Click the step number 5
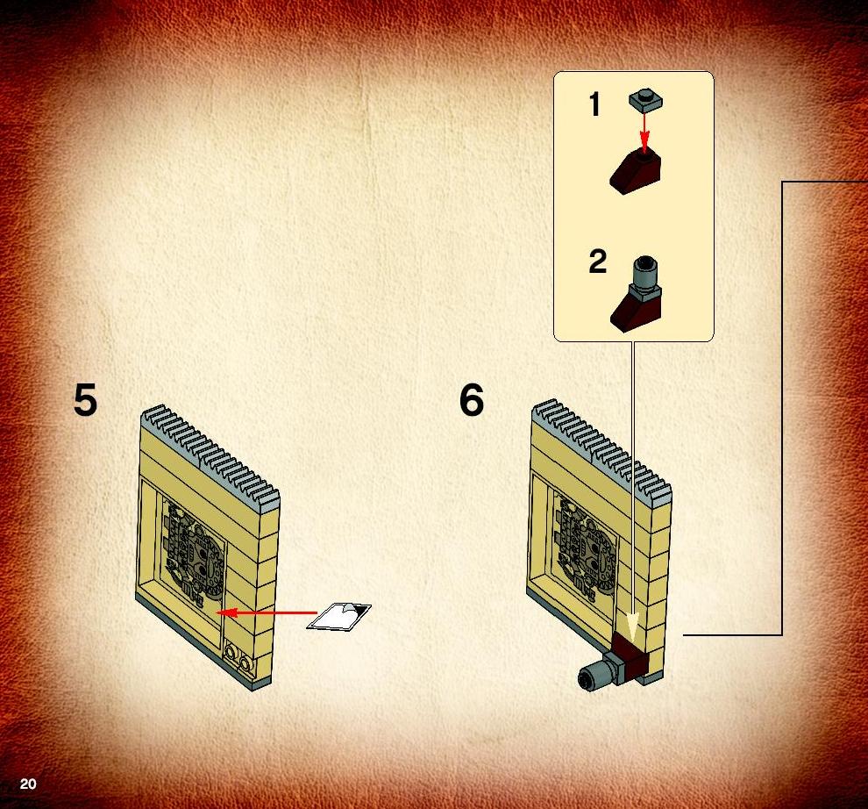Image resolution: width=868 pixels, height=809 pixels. [85, 400]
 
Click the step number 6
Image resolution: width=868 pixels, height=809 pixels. [471, 400]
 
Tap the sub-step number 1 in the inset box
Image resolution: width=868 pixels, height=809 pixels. [594, 104]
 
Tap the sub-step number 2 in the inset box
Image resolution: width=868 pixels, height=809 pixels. [597, 261]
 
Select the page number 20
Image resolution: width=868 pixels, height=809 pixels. [28, 784]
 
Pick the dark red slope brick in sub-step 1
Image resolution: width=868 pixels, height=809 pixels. [636, 171]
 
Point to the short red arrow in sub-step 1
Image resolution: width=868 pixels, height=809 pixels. [644, 130]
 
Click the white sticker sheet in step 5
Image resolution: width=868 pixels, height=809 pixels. [338, 616]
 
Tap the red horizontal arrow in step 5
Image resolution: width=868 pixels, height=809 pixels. [267, 612]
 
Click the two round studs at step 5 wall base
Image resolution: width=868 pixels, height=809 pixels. [238, 654]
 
